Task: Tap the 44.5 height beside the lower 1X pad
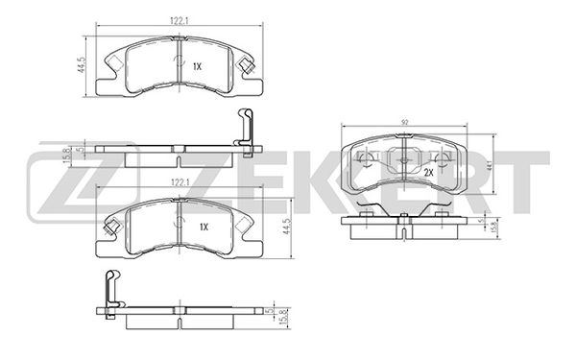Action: coord(286,227)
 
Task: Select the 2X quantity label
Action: coord(428,172)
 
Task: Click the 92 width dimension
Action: coord(405,122)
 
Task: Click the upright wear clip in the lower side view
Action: coord(112,292)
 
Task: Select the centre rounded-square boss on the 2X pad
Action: coord(404,159)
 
